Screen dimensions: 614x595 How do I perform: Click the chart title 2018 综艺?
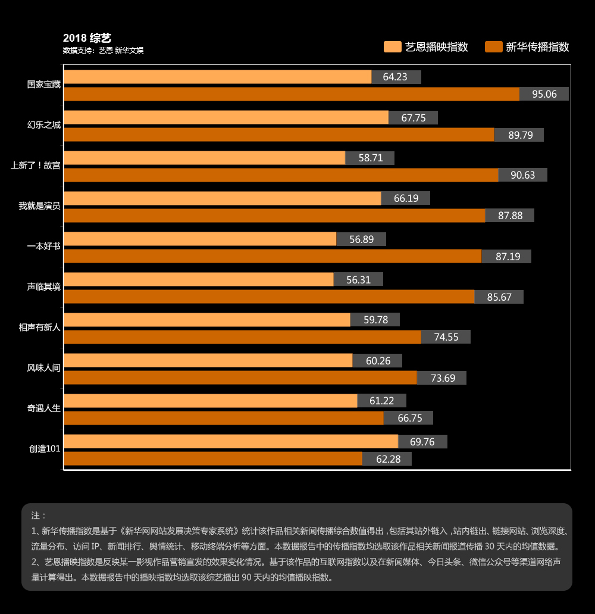87,39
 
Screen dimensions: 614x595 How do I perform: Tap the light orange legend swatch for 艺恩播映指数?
393,47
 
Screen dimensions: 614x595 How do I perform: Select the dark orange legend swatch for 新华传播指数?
494,47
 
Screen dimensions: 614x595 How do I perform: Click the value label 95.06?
544,94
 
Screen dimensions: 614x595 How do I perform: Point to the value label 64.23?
396,77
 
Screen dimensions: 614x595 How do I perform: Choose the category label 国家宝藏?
44,85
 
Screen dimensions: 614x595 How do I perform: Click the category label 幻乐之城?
44,125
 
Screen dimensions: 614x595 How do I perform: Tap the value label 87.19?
506,256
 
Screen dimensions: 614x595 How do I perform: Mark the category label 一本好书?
44,247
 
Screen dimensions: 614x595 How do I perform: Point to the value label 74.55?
446,337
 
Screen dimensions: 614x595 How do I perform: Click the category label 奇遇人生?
44,409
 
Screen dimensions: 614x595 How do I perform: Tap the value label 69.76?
422,442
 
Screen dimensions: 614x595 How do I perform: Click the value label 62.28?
387,459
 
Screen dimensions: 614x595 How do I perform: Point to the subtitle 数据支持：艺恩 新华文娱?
103,51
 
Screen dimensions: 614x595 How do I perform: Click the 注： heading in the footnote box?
39,515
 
